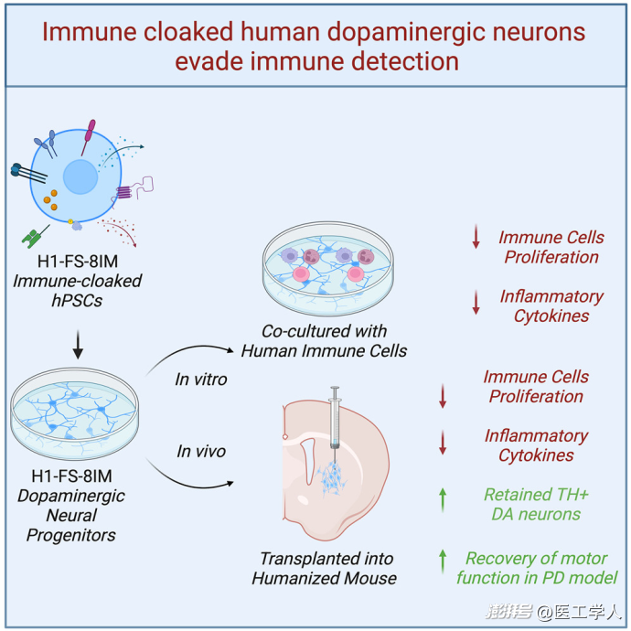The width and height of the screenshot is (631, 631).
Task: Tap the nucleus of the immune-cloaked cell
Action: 80,176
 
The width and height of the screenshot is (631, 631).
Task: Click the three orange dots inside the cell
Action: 50,200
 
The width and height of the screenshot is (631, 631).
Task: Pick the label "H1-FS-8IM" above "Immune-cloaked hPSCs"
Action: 78,262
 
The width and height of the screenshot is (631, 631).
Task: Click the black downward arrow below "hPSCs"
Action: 78,345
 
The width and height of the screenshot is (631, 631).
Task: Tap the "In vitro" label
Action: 201,380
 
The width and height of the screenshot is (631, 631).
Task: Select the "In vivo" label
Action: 201,451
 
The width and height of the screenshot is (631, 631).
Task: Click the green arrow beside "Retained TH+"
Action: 443,499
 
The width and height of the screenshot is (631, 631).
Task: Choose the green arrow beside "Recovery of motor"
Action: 443,561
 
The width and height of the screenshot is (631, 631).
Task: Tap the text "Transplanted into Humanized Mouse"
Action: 325,568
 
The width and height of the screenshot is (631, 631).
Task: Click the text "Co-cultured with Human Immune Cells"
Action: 324,341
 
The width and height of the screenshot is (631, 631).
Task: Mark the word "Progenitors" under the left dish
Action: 71,535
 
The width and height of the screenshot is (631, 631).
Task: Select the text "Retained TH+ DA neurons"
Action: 536,504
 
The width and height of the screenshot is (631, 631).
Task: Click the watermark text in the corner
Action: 554,612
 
